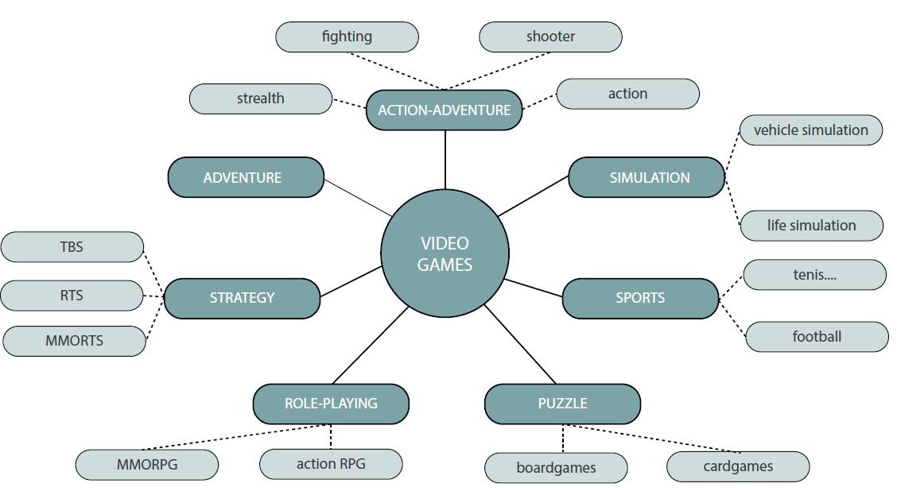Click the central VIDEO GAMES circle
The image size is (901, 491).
click(445, 253)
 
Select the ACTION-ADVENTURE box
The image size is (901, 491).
click(444, 110)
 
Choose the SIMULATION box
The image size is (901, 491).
click(647, 177)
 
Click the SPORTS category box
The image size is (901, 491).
click(640, 298)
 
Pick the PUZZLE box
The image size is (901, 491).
click(562, 404)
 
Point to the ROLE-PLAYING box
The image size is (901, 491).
click(331, 404)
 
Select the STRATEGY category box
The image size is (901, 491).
click(242, 298)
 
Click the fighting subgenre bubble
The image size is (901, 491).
click(347, 37)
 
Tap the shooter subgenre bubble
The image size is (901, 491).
click(550, 37)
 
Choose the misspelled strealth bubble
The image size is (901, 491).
click(260, 99)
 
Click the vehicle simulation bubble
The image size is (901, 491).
click(810, 130)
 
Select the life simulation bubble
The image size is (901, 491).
click(811, 226)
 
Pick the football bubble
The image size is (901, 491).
click(817, 337)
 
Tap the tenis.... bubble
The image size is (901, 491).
click(814, 275)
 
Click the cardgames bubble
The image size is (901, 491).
click(738, 466)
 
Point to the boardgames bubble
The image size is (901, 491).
click(556, 467)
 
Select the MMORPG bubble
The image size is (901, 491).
click(147, 465)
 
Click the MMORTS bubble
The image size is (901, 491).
click(74, 341)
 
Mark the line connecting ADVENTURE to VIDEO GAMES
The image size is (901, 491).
click(358, 197)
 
